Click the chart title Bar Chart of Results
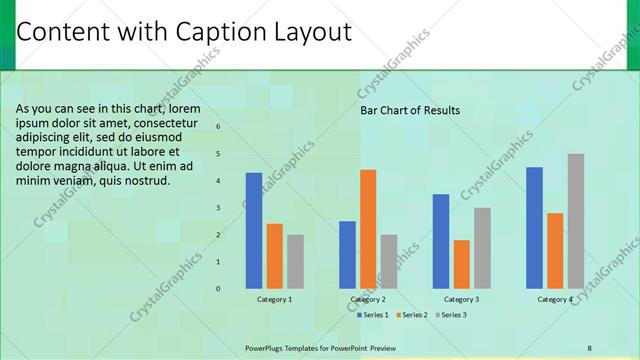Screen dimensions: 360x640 (410, 110)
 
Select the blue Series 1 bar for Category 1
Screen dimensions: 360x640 (254, 230)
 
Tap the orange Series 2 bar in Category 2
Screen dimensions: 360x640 (368, 229)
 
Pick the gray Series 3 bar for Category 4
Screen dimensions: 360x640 (576, 221)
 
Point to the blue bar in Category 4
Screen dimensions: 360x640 (534, 228)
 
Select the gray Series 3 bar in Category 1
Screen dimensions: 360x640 (295, 261)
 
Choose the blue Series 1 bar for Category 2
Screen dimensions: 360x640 (347, 254)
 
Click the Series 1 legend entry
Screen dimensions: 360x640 (373, 315)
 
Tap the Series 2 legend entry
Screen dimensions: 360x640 (412, 315)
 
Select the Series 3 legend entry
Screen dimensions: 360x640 (451, 315)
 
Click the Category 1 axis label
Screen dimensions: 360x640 (275, 299)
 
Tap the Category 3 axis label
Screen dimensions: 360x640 (461, 299)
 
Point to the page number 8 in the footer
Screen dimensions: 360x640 (590, 348)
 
